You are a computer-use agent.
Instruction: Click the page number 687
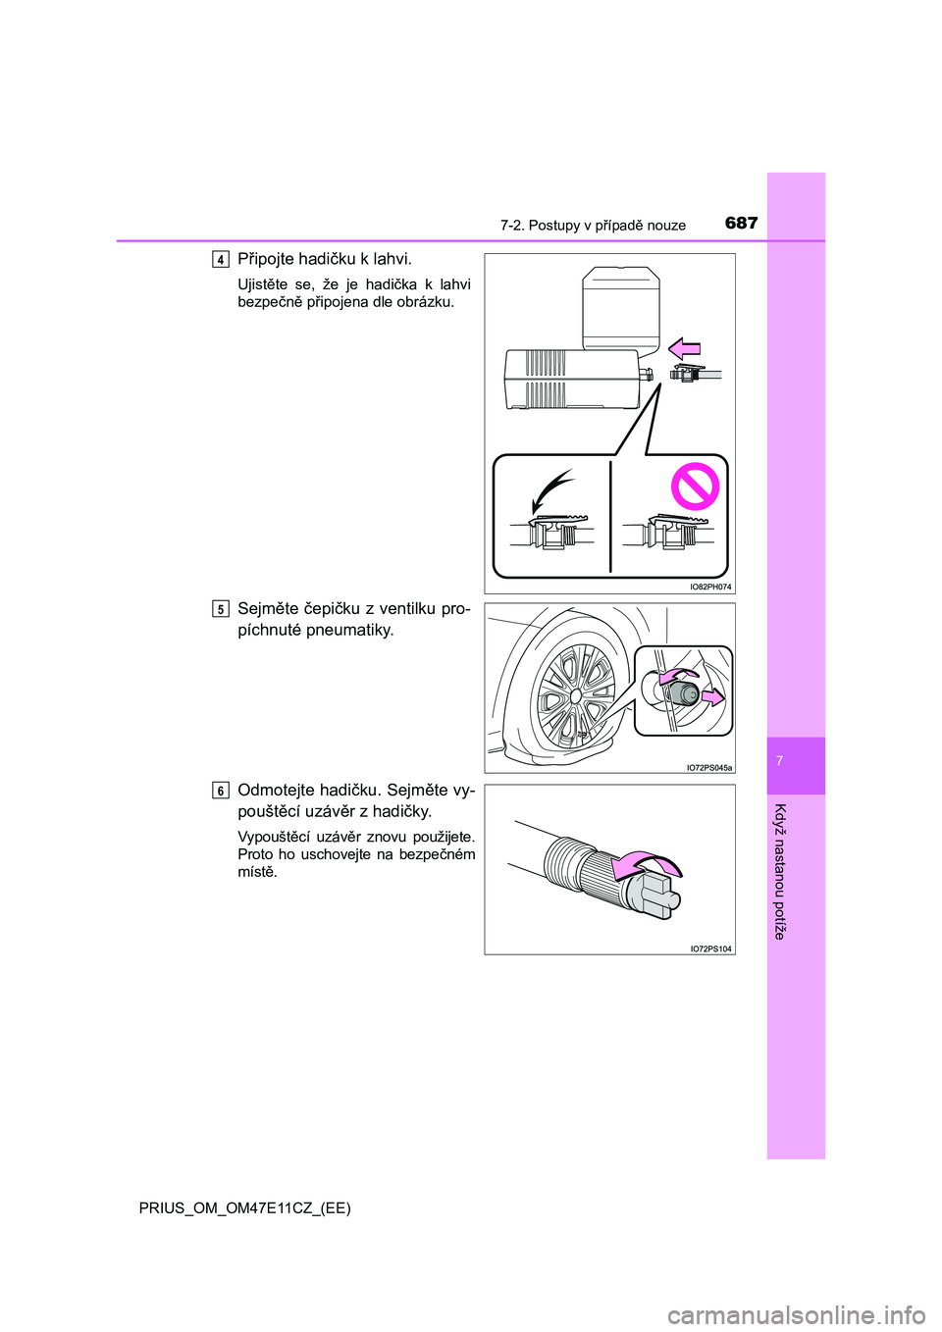pos(742,224)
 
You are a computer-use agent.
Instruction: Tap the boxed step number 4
pos(221,259)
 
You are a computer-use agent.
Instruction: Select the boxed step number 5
pos(221,609)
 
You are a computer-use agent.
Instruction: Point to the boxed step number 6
pos(221,791)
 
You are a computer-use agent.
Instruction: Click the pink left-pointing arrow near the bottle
pos(685,349)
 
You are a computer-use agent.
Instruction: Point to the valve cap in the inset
pos(682,694)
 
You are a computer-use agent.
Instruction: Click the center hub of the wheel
pos(575,695)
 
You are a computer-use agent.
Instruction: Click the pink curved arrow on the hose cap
pos(648,864)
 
